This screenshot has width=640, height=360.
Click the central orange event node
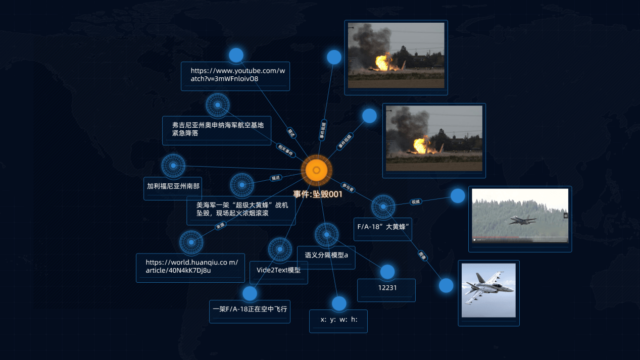(316, 171)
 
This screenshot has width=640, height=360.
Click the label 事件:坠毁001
(318, 194)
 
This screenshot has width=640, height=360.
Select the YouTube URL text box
(235, 75)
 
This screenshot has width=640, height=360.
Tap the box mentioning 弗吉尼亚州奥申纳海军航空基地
(217, 130)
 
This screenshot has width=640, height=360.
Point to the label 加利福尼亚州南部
(173, 186)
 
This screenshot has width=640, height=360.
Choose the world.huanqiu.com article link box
(190, 267)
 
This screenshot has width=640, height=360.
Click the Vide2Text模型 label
(278, 270)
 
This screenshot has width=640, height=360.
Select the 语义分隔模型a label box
(326, 255)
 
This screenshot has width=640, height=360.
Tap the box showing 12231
(387, 288)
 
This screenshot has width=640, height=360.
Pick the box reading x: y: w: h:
(338, 320)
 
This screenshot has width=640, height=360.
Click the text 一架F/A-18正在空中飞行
(250, 308)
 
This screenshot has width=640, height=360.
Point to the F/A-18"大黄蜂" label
(382, 227)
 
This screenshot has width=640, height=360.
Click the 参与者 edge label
(348, 187)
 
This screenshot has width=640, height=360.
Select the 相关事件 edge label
(285, 149)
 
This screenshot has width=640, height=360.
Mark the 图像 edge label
(422, 256)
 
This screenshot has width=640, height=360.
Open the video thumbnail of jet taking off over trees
(520, 216)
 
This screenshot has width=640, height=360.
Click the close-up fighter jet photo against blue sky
(488, 291)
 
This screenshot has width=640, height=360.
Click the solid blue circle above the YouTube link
(236, 56)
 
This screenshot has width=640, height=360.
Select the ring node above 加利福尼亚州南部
(173, 166)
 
